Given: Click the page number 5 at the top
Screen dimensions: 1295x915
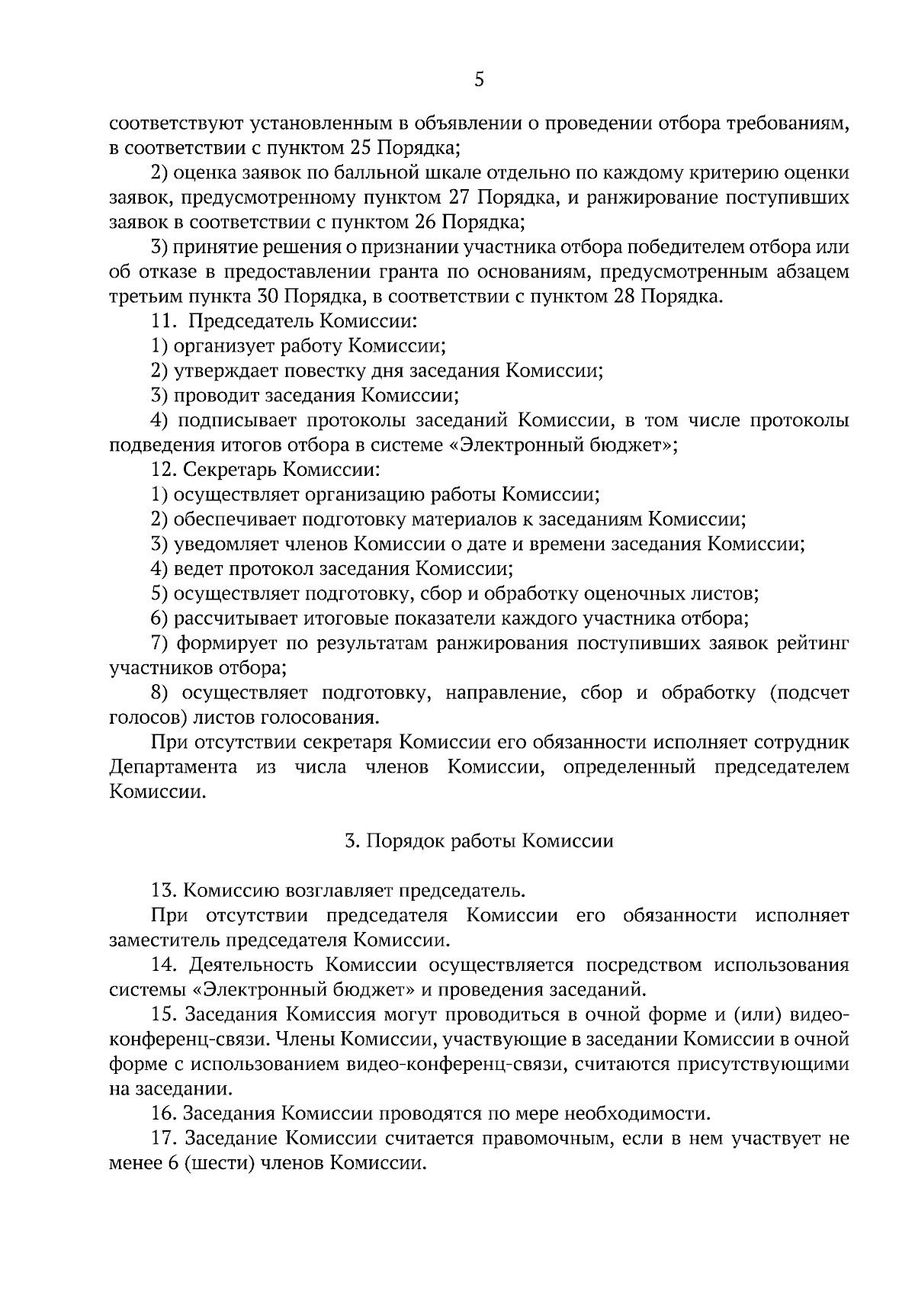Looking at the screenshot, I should click(479, 79).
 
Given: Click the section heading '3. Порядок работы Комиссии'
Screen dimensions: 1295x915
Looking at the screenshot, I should click(479, 841).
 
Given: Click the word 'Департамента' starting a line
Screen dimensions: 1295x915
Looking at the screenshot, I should click(173, 767).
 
